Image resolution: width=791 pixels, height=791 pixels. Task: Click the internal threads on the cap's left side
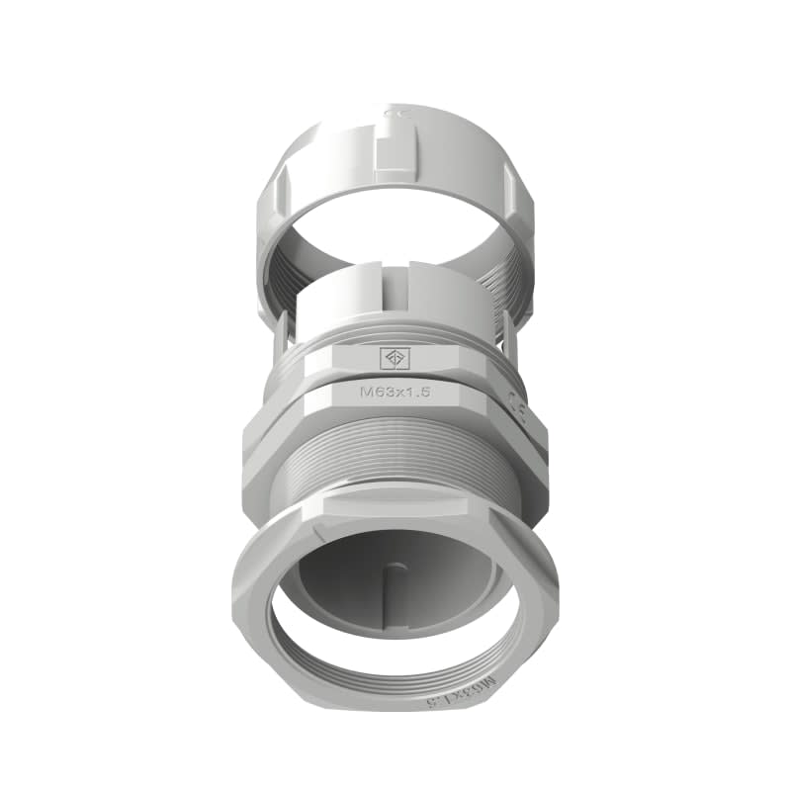280,287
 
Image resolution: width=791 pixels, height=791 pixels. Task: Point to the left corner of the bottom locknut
237,593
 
